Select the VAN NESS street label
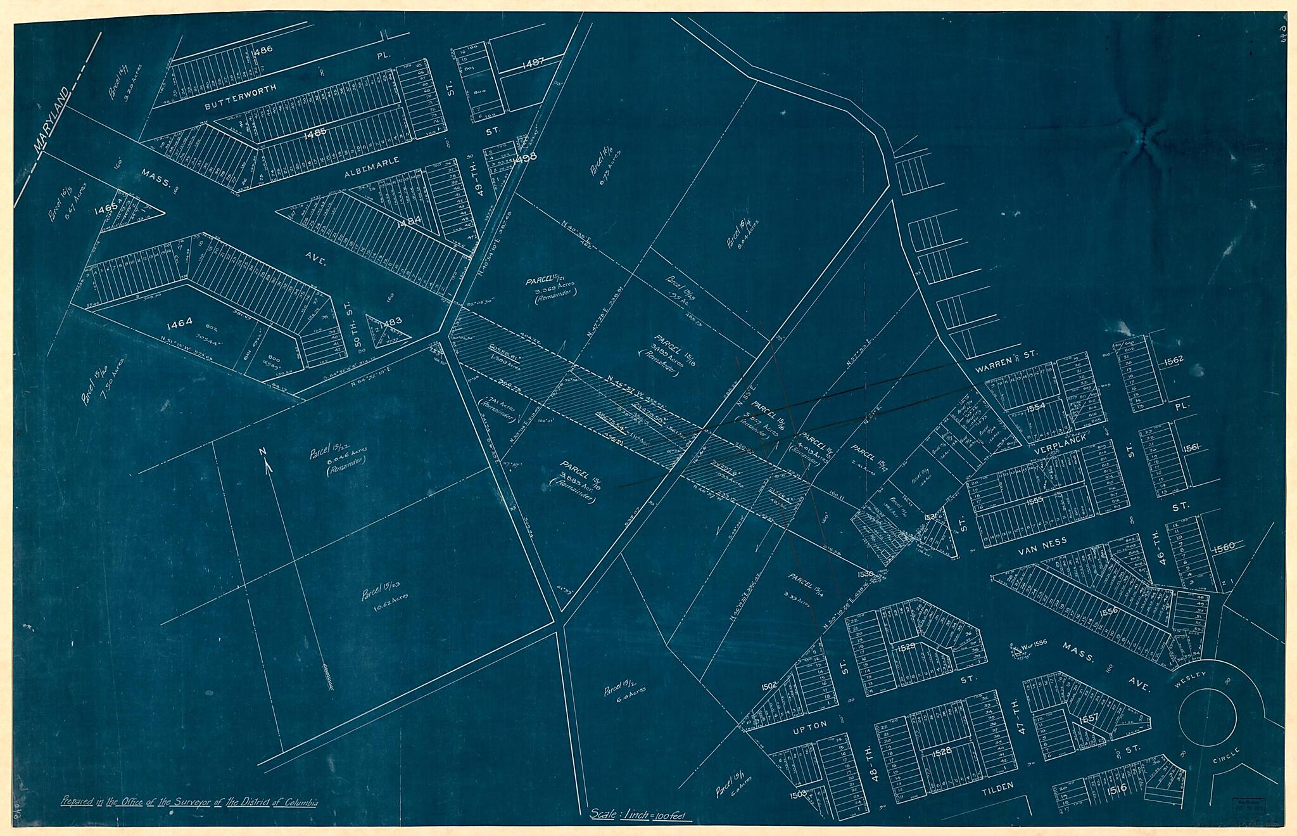[1042, 541]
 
